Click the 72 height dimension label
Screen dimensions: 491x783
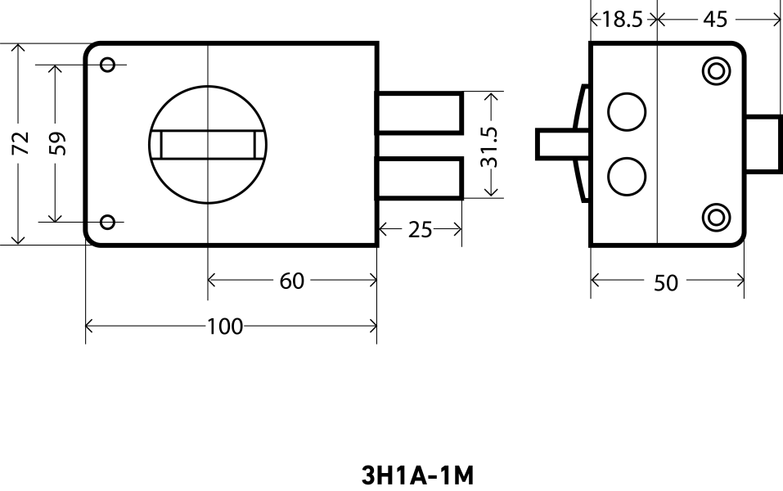point(22,143)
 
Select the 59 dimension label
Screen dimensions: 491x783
point(56,143)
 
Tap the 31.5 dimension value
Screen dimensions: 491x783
point(489,146)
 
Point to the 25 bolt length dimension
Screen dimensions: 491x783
point(420,230)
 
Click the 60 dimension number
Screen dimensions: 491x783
point(292,281)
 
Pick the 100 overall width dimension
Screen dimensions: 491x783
point(224,327)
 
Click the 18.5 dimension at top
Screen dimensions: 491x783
point(622,19)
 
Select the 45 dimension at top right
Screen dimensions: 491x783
point(715,19)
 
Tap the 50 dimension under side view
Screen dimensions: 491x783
point(666,282)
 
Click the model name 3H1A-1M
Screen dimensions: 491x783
point(417,475)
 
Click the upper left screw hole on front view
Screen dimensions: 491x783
point(108,65)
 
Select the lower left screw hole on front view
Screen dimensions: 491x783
point(107,221)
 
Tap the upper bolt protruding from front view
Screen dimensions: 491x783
point(419,112)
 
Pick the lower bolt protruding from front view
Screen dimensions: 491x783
point(419,178)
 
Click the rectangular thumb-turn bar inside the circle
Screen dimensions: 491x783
point(208,144)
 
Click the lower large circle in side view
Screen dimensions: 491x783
point(627,176)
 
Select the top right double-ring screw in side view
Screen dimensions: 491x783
point(717,71)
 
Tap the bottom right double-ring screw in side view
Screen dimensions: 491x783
point(717,217)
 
